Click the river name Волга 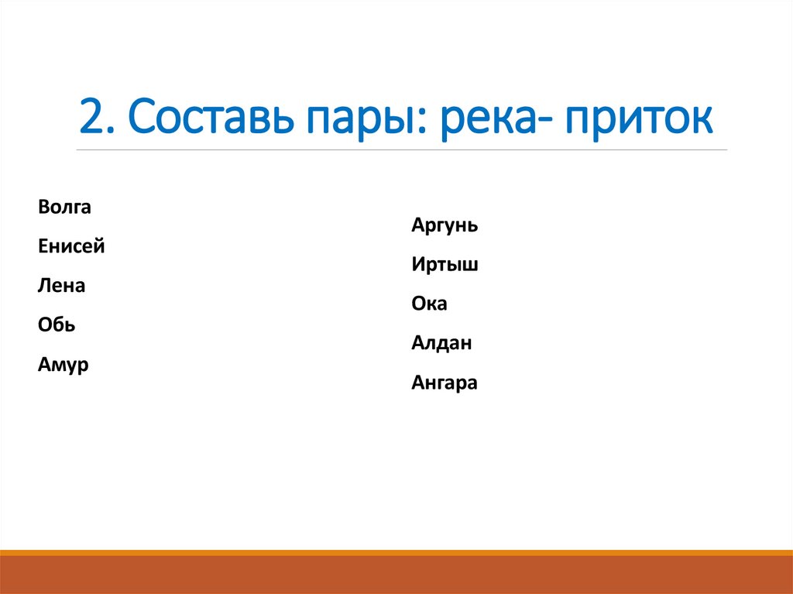click(x=64, y=207)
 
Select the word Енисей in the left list click(x=70, y=246)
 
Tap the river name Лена click(x=61, y=286)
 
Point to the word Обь click(x=57, y=325)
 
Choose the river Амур click(x=63, y=365)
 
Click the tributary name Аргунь click(x=445, y=226)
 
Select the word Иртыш click(x=445, y=265)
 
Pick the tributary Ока click(x=429, y=304)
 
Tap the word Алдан click(x=441, y=343)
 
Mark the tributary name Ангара click(x=445, y=383)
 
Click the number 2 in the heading click(x=91, y=118)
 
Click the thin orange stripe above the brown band click(x=396, y=552)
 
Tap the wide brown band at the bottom click(x=396, y=575)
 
